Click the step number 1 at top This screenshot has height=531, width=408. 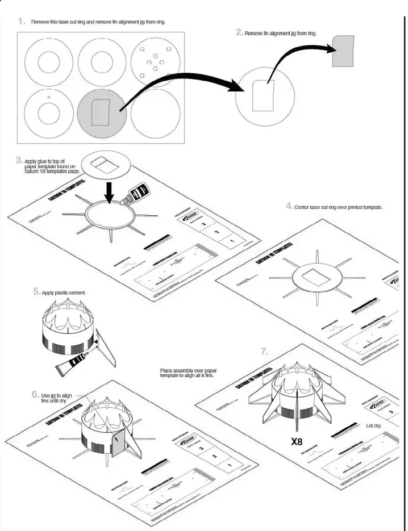21,21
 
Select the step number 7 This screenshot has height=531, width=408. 264,351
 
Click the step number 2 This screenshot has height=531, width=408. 239,32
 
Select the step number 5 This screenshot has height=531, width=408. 37,292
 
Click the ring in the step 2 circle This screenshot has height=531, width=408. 264,94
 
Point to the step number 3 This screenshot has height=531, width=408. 19,161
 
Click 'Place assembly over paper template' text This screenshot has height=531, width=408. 188,373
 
